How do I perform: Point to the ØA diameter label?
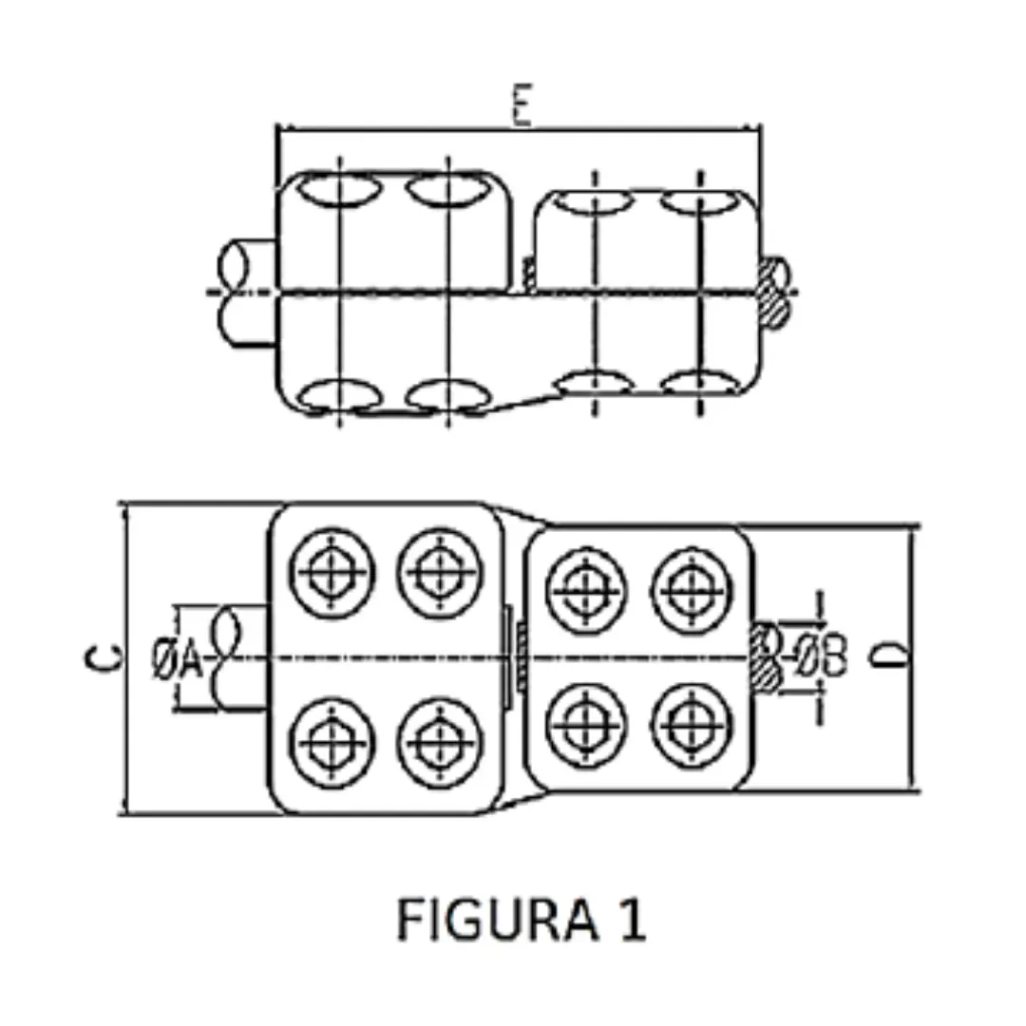pos(178,657)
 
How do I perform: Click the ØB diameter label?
pos(822,655)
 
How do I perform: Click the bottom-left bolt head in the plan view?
pos(331,741)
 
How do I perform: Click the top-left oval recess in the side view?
pos(337,189)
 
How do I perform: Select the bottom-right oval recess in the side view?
pos(699,384)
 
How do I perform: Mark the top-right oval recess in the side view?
pos(699,201)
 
